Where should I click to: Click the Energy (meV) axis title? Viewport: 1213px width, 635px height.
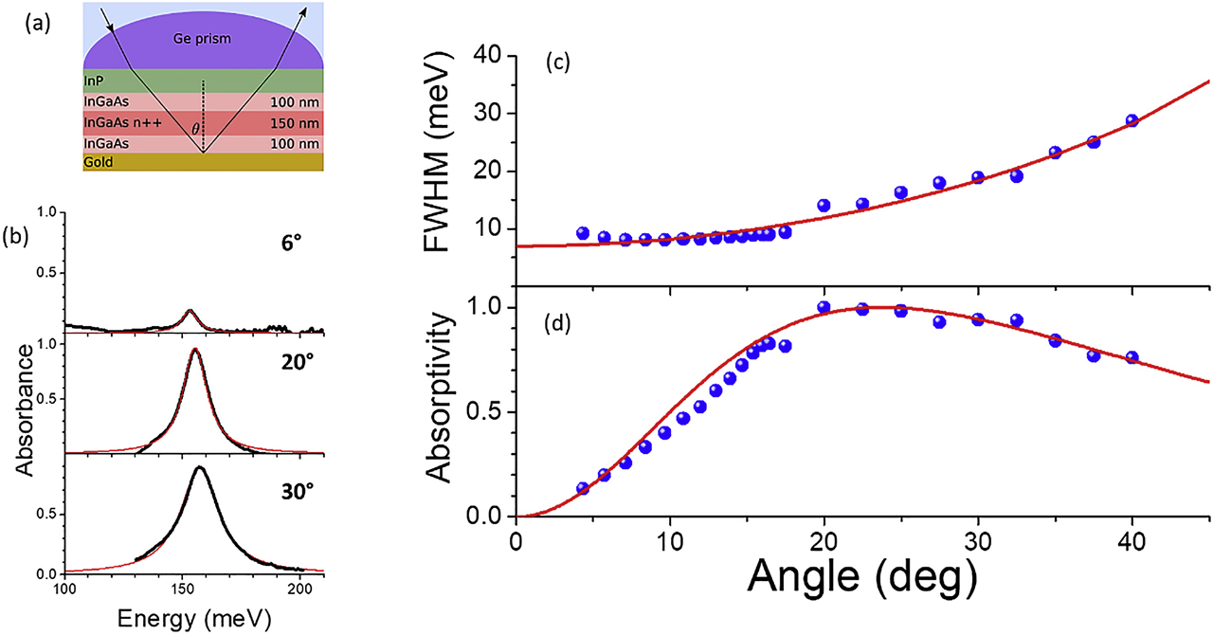point(194,618)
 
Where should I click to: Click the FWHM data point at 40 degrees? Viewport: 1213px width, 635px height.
point(1132,121)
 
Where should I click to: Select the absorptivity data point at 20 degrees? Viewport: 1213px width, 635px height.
point(824,307)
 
